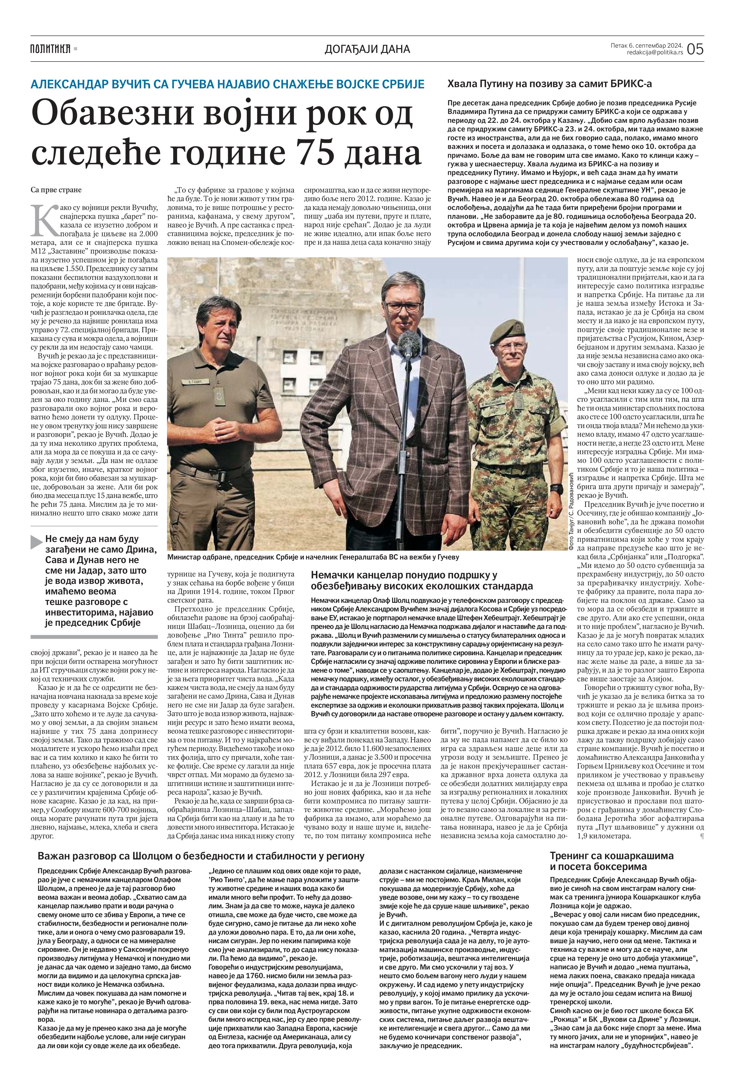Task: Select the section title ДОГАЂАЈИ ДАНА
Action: (x=367, y=49)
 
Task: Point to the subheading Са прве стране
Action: (x=56, y=190)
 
